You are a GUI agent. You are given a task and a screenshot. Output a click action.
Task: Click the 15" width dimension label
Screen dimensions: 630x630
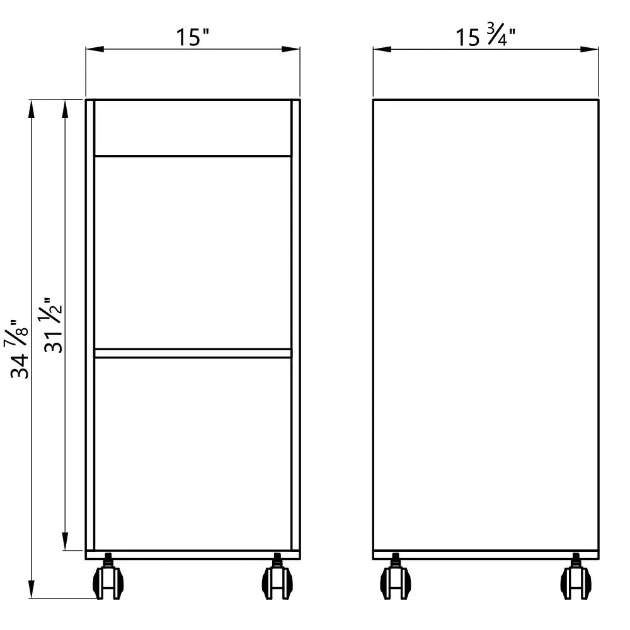(x=193, y=37)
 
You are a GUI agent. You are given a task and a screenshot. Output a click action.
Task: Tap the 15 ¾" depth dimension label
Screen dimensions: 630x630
(x=485, y=35)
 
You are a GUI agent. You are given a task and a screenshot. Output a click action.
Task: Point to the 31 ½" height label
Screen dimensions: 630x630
(x=53, y=326)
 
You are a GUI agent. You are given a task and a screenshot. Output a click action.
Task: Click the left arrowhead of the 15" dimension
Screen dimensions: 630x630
(x=95, y=49)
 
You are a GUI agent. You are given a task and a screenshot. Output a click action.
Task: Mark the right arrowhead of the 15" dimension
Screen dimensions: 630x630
(x=290, y=49)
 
